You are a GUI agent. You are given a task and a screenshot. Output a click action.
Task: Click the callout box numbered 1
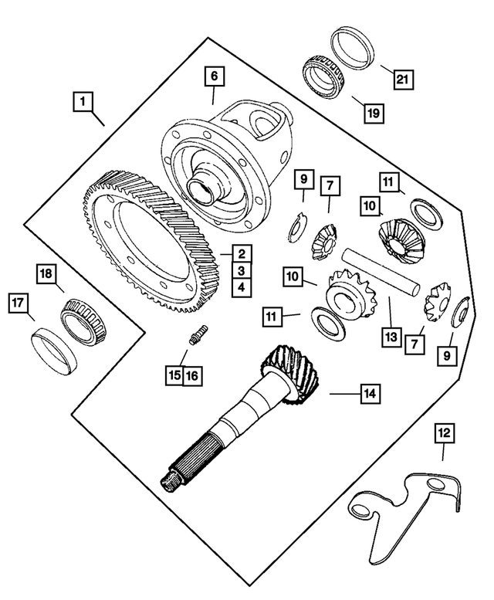(x=83, y=100)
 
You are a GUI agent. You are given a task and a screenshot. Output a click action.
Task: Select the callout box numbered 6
(x=214, y=76)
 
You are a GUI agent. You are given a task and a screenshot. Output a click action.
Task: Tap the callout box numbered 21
(x=402, y=78)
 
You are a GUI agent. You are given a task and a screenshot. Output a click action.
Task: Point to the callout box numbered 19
(x=373, y=112)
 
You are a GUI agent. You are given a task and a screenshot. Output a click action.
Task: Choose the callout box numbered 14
(x=370, y=393)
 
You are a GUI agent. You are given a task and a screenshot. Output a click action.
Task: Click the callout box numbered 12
(x=442, y=434)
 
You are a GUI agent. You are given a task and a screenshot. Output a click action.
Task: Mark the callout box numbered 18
(x=46, y=274)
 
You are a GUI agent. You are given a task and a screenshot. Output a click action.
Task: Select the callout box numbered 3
(x=242, y=270)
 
